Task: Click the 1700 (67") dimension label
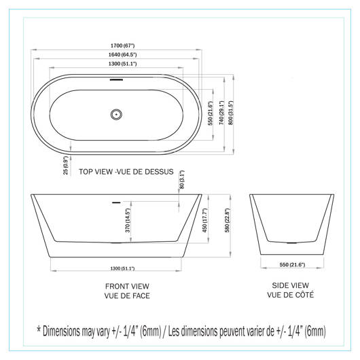122,46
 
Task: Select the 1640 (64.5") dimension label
122,54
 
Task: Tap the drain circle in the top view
116,114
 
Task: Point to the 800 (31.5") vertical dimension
231,113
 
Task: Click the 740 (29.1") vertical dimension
221,113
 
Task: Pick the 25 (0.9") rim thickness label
66,165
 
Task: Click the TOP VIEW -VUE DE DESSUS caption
126,172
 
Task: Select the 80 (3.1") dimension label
181,179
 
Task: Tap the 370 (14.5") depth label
128,220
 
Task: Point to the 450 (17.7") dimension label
204,220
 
